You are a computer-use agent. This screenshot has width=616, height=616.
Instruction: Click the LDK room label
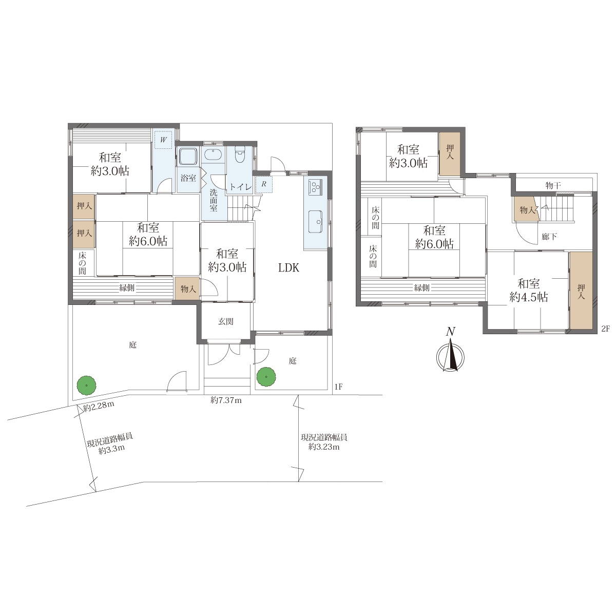click(x=288, y=268)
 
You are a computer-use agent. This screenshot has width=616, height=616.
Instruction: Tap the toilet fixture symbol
click(x=239, y=155)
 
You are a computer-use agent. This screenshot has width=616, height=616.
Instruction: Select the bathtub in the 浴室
click(x=188, y=157)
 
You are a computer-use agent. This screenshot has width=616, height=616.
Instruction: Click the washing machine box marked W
click(x=163, y=140)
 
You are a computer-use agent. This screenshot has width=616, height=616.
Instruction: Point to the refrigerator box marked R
click(x=264, y=184)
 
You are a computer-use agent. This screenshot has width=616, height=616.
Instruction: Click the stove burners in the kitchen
click(x=315, y=186)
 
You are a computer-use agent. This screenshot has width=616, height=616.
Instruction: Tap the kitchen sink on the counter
click(x=316, y=222)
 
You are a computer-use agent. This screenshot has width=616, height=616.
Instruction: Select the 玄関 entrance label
click(x=226, y=321)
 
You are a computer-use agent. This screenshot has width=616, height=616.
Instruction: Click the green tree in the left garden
click(x=86, y=385)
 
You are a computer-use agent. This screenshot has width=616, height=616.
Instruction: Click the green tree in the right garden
click(x=266, y=377)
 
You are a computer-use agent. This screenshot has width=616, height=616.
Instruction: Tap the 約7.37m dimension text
click(x=226, y=400)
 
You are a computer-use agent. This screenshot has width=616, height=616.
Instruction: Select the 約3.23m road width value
click(x=324, y=447)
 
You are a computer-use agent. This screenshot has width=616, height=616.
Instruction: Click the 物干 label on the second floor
click(x=553, y=185)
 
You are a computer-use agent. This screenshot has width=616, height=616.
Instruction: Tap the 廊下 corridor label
click(x=549, y=237)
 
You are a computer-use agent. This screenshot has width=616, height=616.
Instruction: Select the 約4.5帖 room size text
click(x=528, y=297)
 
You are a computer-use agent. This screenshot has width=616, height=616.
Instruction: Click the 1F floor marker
click(x=338, y=387)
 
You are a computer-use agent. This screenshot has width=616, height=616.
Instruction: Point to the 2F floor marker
click(x=605, y=329)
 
